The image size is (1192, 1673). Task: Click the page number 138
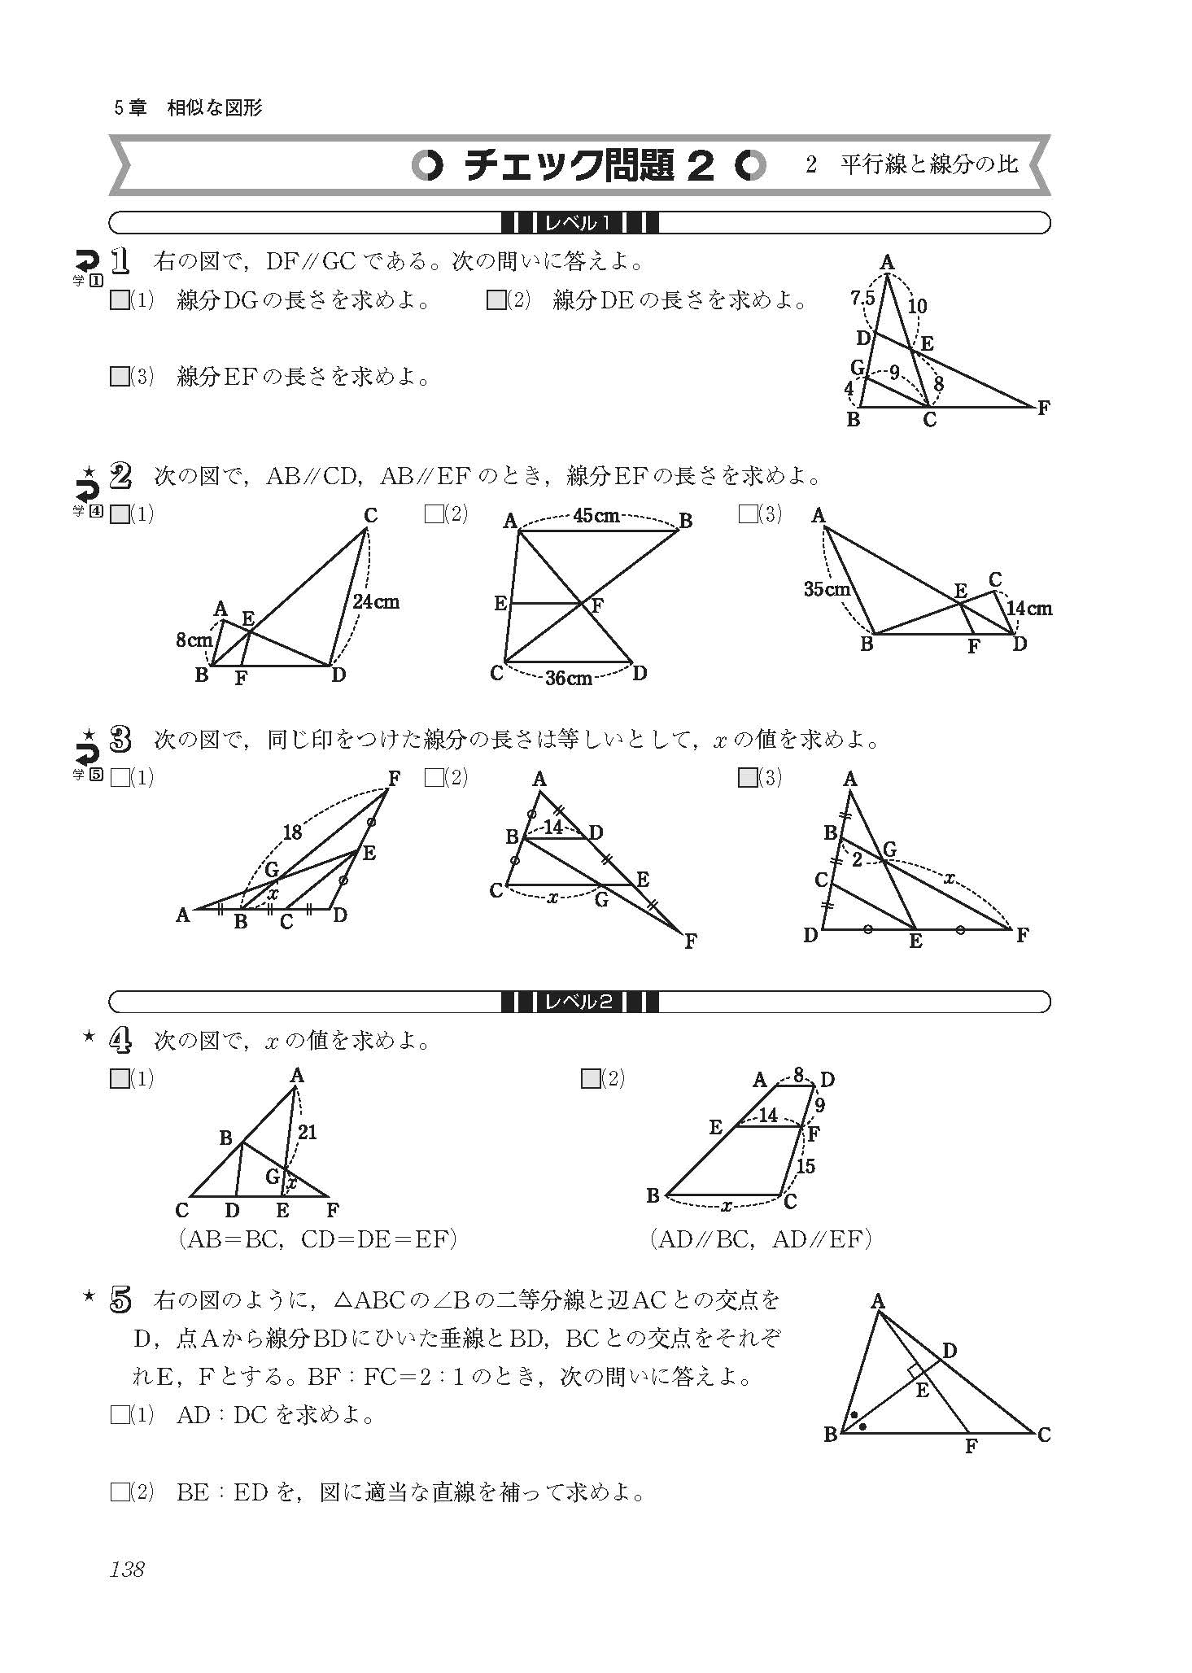coord(127,1570)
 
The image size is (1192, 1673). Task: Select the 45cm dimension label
coord(596,516)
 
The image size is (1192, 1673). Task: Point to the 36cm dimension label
coord(568,678)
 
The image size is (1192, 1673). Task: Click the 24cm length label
coord(376,602)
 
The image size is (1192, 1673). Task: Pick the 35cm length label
coord(827,589)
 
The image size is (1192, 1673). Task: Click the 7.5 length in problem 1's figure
coord(862,299)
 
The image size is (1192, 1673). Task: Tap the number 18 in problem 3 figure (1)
coord(292,832)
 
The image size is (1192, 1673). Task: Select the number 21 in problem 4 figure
coord(307,1132)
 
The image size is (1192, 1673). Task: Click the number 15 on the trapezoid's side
coord(805,1166)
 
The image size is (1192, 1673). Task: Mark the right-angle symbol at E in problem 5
coord(915,1372)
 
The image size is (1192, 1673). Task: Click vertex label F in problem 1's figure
coord(1043,408)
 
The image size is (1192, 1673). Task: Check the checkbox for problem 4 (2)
coord(591,1079)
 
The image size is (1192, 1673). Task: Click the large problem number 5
coord(120,1301)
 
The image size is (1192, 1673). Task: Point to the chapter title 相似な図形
coord(215,108)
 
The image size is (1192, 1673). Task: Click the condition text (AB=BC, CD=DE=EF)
coord(317,1239)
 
